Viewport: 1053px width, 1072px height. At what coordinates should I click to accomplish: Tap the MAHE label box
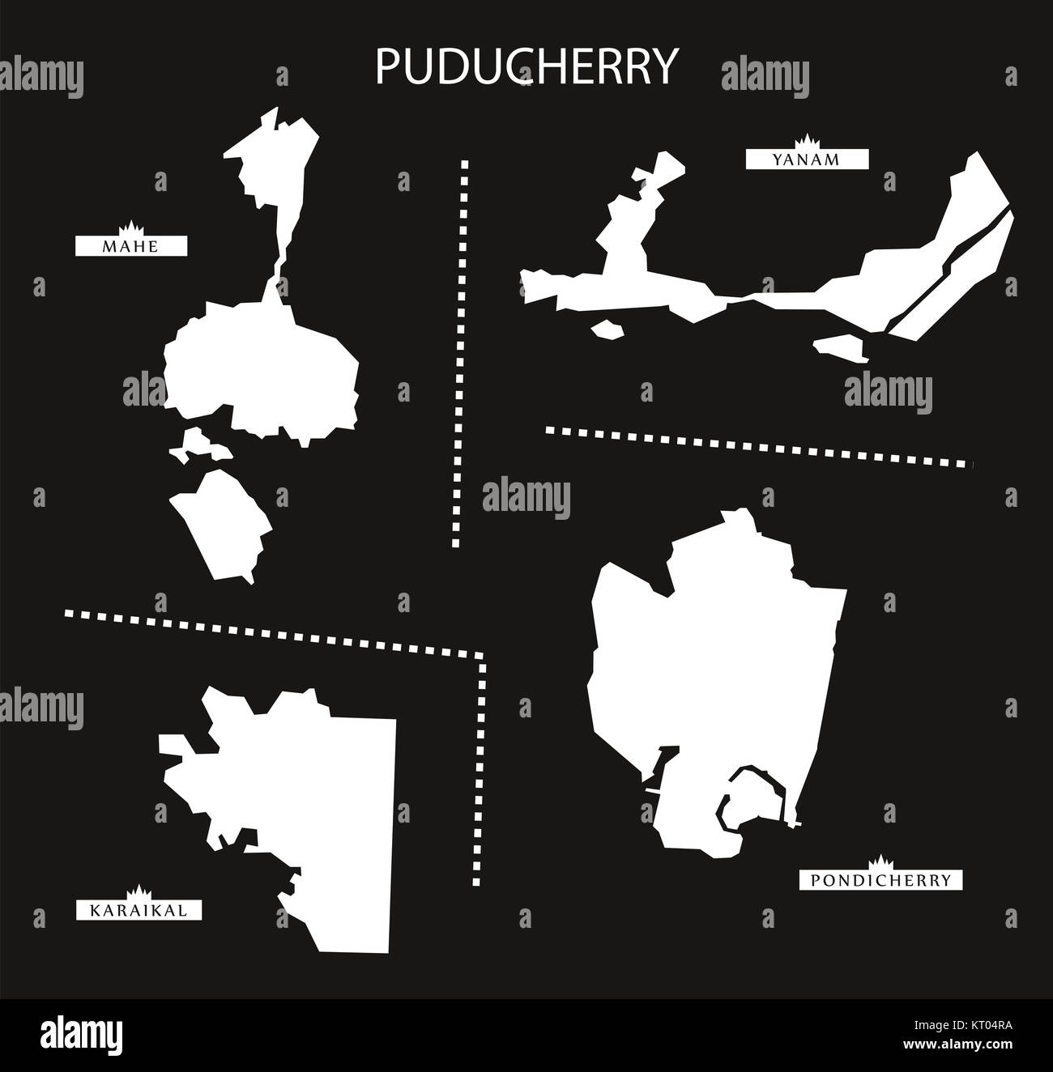[131, 245]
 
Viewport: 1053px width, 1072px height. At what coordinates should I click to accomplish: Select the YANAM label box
[807, 160]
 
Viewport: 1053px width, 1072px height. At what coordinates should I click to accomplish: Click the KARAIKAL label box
[139, 912]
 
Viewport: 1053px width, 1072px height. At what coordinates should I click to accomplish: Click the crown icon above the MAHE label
[130, 226]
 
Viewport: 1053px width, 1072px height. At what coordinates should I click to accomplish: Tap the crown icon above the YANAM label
[808, 141]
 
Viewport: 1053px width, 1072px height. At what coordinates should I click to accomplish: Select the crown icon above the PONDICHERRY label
[880, 861]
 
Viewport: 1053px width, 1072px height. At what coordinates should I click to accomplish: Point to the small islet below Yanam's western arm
[607, 329]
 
